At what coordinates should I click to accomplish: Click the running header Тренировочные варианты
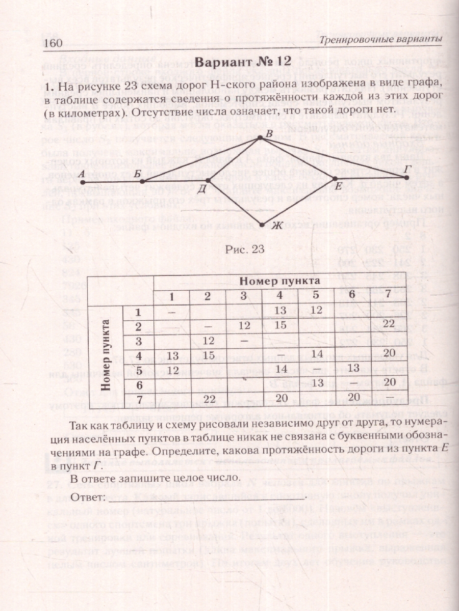point(380,40)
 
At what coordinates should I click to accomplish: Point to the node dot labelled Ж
point(262,224)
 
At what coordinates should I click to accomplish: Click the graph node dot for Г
point(406,177)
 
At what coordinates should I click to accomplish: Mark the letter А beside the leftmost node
point(82,175)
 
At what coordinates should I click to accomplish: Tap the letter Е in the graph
point(337,186)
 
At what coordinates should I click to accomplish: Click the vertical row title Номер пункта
point(106,354)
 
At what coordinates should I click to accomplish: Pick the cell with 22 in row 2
point(389,324)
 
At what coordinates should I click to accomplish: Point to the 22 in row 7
point(207,398)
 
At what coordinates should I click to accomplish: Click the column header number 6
point(351,295)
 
